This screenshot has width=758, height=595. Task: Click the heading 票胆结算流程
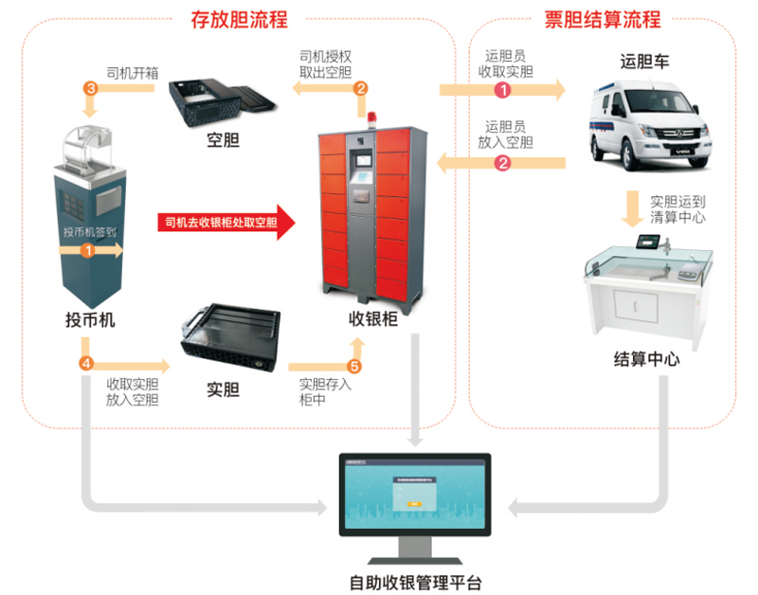click(604, 18)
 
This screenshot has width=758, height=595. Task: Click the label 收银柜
click(372, 320)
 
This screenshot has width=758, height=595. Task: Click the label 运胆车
click(645, 63)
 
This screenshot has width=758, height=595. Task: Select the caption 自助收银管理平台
click(415, 579)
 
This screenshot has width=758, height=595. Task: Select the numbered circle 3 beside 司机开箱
click(91, 88)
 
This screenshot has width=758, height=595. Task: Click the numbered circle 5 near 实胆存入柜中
click(355, 366)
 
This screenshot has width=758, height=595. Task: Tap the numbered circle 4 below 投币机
click(86, 364)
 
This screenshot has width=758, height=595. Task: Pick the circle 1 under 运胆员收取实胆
click(503, 90)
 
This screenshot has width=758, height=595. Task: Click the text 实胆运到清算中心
click(677, 208)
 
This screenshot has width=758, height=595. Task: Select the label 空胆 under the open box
click(223, 141)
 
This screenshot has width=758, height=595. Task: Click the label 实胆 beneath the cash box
click(223, 389)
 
